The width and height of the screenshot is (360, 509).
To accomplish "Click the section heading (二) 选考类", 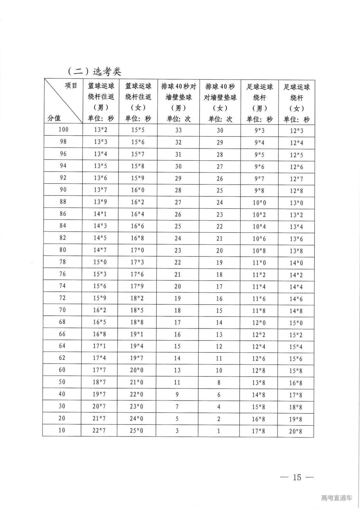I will click(94, 71).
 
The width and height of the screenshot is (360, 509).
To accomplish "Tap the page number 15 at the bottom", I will click(297, 477).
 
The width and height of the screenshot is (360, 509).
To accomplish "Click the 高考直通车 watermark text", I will click(336, 498).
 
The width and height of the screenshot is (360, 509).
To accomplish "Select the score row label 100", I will click(63, 129).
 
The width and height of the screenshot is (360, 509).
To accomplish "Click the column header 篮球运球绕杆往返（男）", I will click(101, 102).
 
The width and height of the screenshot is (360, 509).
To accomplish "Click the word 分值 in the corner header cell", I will click(54, 118).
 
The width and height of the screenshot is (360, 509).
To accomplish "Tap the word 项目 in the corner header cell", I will click(71, 85).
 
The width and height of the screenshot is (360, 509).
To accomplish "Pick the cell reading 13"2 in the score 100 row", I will click(101, 130).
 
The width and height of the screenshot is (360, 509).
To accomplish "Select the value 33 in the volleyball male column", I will click(178, 130).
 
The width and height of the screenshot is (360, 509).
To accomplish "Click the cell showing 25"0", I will click(137, 430).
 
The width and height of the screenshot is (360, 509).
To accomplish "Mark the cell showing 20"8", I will click(296, 431).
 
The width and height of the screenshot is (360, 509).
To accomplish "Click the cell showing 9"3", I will click(259, 131).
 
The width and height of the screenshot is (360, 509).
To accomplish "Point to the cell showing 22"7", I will click(99, 430).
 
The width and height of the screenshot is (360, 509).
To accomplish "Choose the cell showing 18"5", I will click(137, 310).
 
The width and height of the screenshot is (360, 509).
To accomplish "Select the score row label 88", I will click(63, 202).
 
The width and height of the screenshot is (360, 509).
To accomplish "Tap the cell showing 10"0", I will click(259, 203).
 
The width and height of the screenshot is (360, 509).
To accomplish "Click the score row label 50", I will click(62, 382).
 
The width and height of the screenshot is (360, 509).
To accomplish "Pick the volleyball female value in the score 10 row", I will click(219, 431).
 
